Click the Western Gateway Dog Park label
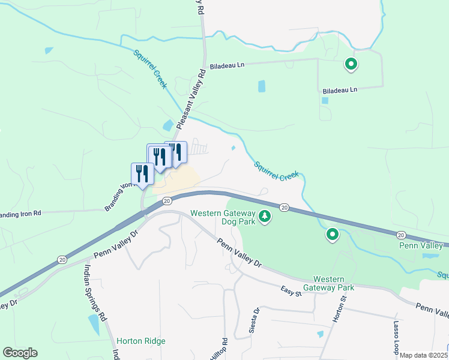tap(223, 217)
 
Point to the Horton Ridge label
tap(140, 341)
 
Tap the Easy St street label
tap(290, 290)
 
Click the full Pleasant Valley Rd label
tap(189, 97)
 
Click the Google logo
tap(20, 353)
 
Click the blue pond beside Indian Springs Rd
tap(94, 324)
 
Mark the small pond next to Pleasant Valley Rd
tap(168, 126)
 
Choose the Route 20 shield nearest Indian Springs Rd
tap(62, 259)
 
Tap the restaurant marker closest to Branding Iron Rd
tap(142, 174)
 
